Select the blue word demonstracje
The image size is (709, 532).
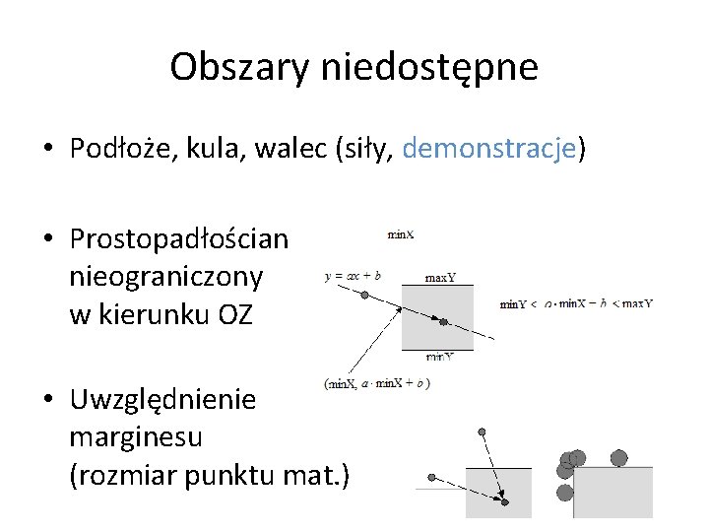(x=489, y=149)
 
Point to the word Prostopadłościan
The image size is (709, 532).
(x=179, y=239)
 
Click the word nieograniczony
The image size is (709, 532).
(x=166, y=277)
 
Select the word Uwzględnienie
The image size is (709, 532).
(x=162, y=400)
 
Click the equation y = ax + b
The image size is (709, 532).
(x=353, y=277)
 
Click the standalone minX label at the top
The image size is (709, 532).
(x=400, y=234)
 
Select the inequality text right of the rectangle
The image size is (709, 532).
(x=576, y=303)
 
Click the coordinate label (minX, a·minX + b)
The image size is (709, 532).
(x=376, y=383)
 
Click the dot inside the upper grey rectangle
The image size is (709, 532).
(x=444, y=321)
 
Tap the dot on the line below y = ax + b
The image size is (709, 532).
(x=364, y=295)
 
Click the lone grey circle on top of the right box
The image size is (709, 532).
(x=618, y=457)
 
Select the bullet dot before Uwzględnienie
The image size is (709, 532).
(x=48, y=401)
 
